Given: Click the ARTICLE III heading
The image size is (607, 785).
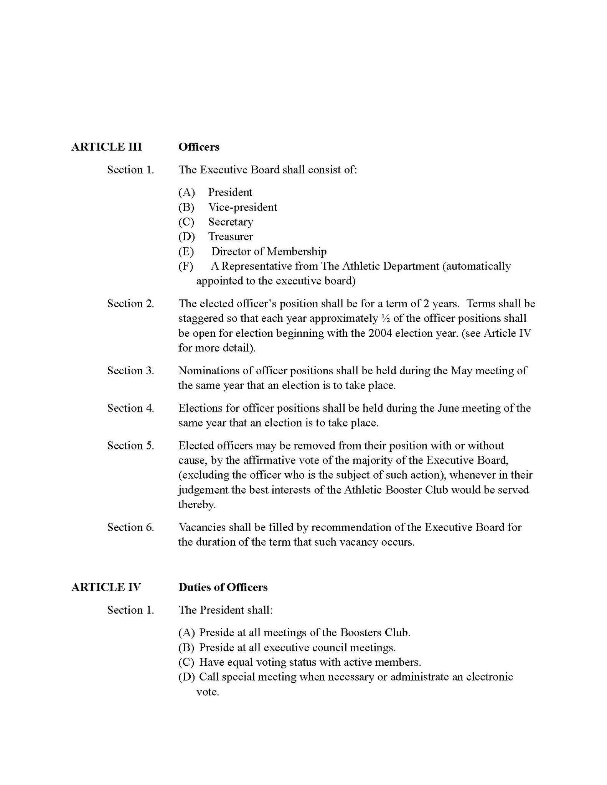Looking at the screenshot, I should [x=106, y=147].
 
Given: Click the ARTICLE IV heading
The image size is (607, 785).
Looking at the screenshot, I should [x=106, y=587].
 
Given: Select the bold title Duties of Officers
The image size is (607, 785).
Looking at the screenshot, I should [x=223, y=587].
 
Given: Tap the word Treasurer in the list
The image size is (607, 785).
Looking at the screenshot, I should [x=231, y=237].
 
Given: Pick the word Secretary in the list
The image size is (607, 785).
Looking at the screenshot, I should [x=231, y=222].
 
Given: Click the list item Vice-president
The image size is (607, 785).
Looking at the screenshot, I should [x=242, y=207].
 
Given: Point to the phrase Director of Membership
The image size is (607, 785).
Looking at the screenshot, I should [x=269, y=252].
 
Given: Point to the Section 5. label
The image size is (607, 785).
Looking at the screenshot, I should [x=130, y=446].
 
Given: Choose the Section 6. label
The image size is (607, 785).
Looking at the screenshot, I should [x=130, y=527].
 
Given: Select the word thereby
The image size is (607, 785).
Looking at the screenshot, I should [x=196, y=505].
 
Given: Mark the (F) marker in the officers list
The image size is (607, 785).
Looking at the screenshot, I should [x=186, y=266].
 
